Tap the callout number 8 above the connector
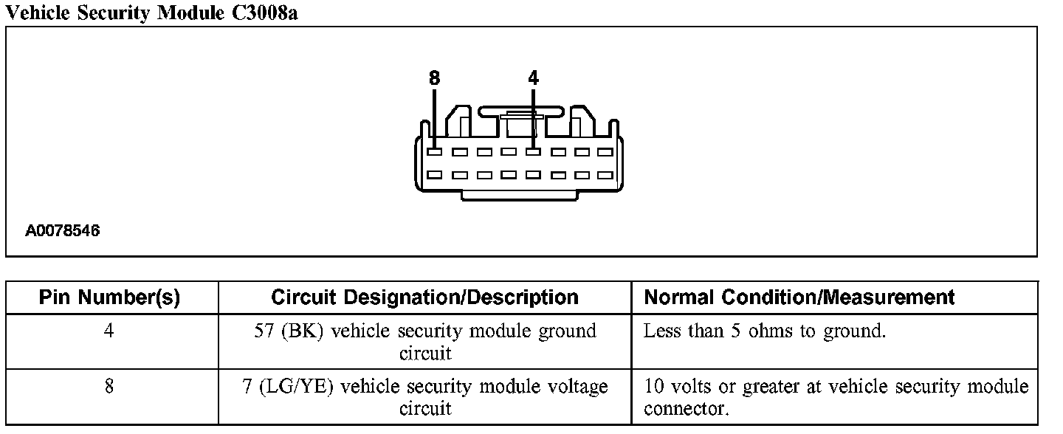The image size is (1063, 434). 433,77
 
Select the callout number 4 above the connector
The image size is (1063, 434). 533,77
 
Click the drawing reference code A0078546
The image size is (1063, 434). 63,231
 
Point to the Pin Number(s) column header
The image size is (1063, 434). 109,297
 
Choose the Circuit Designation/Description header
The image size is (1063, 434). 424,297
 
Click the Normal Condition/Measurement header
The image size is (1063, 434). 799,297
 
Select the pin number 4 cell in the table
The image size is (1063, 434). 109,331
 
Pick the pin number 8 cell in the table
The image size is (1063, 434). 109,387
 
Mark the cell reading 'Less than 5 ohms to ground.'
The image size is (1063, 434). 764,331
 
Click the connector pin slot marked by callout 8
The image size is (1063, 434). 435,152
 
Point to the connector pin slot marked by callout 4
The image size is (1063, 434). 533,152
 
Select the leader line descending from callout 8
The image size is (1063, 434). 434,114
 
